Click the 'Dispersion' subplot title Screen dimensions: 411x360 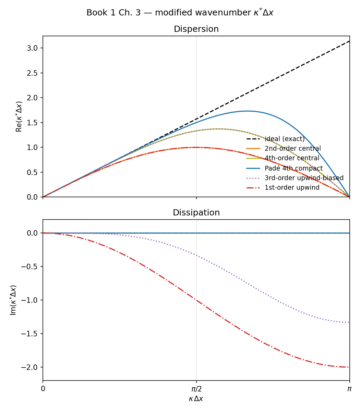pyautogui.click(x=196, y=29)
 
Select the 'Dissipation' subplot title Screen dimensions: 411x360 pyautogui.click(x=196, y=213)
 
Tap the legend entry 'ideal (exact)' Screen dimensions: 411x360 pyautogui.click(x=284, y=139)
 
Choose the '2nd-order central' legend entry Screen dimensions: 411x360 pyautogui.click(x=292, y=149)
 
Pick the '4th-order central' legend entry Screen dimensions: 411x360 pyautogui.click(x=292, y=158)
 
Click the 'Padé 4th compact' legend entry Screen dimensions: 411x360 pyautogui.click(x=293, y=168)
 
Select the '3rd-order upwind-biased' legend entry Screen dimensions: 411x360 pyautogui.click(x=304, y=178)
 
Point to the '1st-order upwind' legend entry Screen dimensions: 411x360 pyautogui.click(x=292, y=188)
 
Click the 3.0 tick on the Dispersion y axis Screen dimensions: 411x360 pyautogui.click(x=32, y=48)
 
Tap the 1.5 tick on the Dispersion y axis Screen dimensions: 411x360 pyautogui.click(x=32, y=123)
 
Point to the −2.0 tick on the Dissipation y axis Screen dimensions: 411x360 pyautogui.click(x=30, y=367)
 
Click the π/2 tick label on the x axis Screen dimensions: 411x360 pyautogui.click(x=196, y=389)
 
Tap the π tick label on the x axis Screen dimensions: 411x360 pyautogui.click(x=349, y=389)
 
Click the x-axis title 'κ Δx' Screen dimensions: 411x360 pyautogui.click(x=196, y=399)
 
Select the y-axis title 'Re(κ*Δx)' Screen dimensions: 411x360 pyautogui.click(x=19, y=116)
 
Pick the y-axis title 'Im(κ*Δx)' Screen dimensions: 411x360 pyautogui.click(x=13, y=300)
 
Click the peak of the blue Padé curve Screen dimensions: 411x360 pyautogui.click(x=247, y=111)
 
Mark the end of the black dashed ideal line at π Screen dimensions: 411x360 pyautogui.click(x=349, y=41)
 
